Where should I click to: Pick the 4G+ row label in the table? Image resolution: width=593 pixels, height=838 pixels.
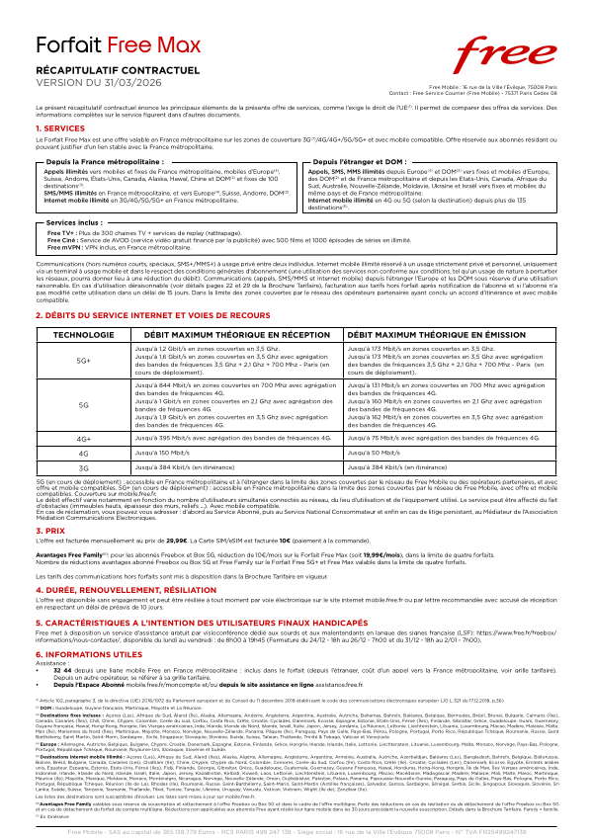click(x=81, y=436)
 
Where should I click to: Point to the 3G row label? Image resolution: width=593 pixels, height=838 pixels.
click(x=81, y=464)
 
